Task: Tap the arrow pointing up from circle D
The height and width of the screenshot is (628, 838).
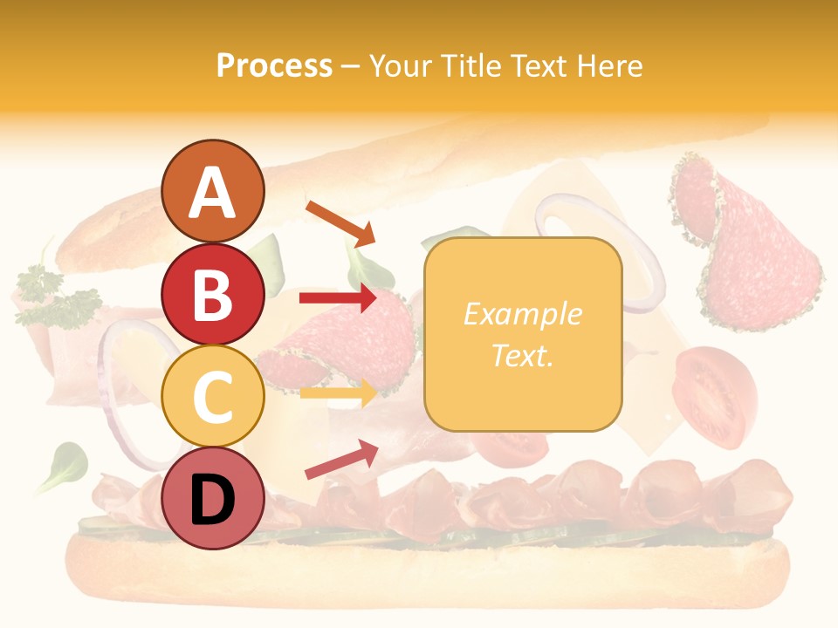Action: click(x=341, y=459)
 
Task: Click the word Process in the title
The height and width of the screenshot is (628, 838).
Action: click(x=274, y=66)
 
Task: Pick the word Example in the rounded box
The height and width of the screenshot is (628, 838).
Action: click(x=522, y=314)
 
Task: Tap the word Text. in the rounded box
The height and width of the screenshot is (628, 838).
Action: click(x=522, y=355)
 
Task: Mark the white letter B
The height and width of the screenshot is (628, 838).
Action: click(x=212, y=296)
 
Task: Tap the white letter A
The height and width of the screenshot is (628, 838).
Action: click(x=213, y=192)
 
